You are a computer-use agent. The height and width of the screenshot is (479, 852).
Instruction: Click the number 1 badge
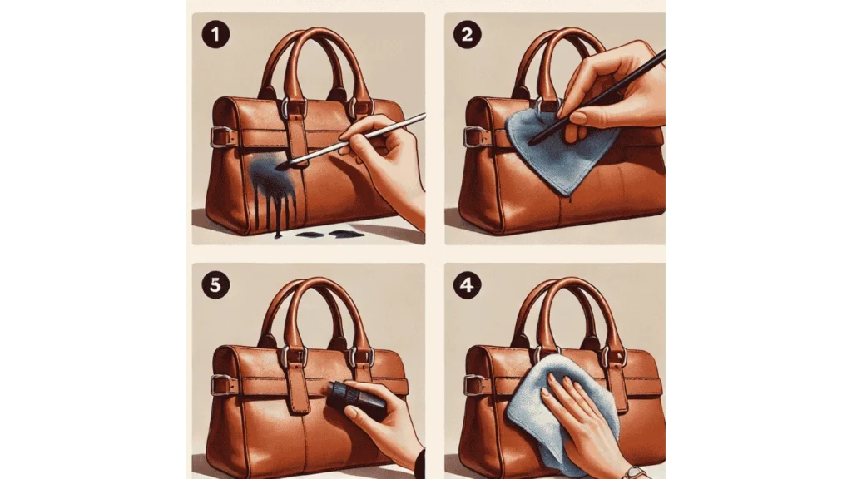pyautogui.click(x=215, y=35)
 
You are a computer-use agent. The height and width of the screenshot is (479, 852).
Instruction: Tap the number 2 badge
pyautogui.click(x=468, y=35)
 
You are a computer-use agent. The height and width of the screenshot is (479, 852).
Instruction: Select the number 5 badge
pyautogui.click(x=215, y=285)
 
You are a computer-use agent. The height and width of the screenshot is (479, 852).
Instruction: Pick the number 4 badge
pyautogui.click(x=468, y=285)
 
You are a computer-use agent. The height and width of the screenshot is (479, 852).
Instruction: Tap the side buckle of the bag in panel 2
pyautogui.click(x=473, y=136)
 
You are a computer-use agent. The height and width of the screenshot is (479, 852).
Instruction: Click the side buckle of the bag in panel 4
pyautogui.click(x=473, y=385)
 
